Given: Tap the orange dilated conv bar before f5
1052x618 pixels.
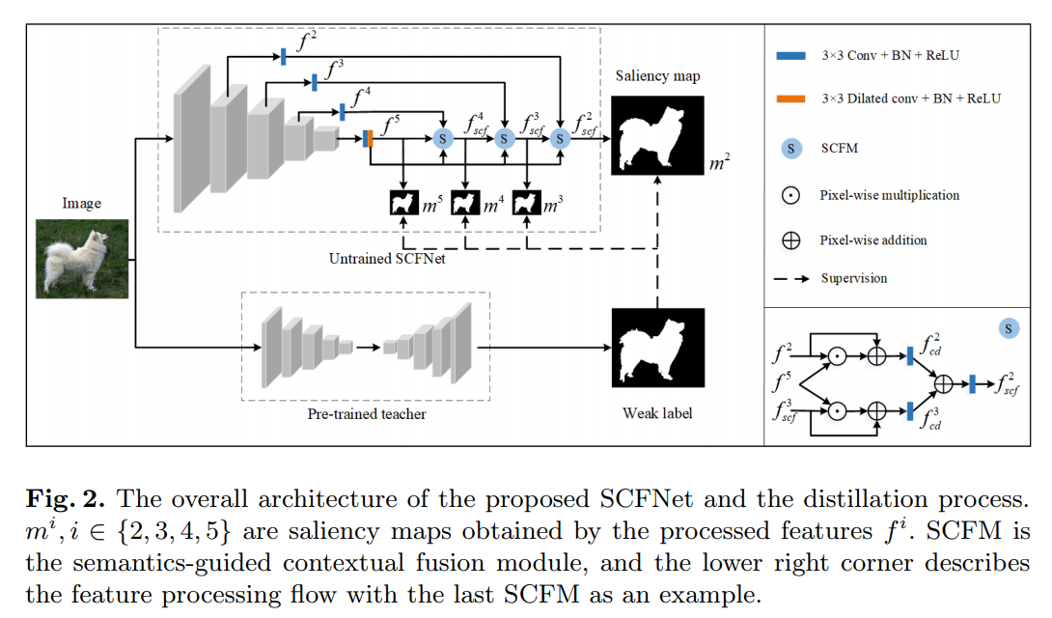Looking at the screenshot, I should tap(369, 139).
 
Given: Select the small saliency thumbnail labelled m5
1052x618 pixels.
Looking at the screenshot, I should tap(403, 203).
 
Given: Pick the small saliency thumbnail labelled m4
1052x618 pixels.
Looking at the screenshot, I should tap(465, 203).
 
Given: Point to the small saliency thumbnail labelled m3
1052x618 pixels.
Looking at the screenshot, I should tap(526, 203).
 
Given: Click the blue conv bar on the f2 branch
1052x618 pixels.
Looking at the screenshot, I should tap(284, 56).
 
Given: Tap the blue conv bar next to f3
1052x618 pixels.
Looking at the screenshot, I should tap(314, 84).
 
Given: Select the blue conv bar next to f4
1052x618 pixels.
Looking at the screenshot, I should tap(343, 111).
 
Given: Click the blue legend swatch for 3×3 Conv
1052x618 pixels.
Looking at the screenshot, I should tap(790, 56).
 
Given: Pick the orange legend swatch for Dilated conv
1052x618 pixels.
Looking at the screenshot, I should tap(790, 98).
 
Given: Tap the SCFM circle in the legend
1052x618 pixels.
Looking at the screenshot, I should tap(790, 149).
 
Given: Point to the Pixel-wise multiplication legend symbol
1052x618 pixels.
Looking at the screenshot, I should tap(790, 195).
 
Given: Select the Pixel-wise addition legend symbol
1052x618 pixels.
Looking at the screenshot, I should tap(790, 240).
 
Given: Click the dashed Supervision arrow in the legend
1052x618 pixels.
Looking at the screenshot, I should tap(790, 279).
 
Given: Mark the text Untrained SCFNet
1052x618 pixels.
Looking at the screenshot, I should tap(381, 259).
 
